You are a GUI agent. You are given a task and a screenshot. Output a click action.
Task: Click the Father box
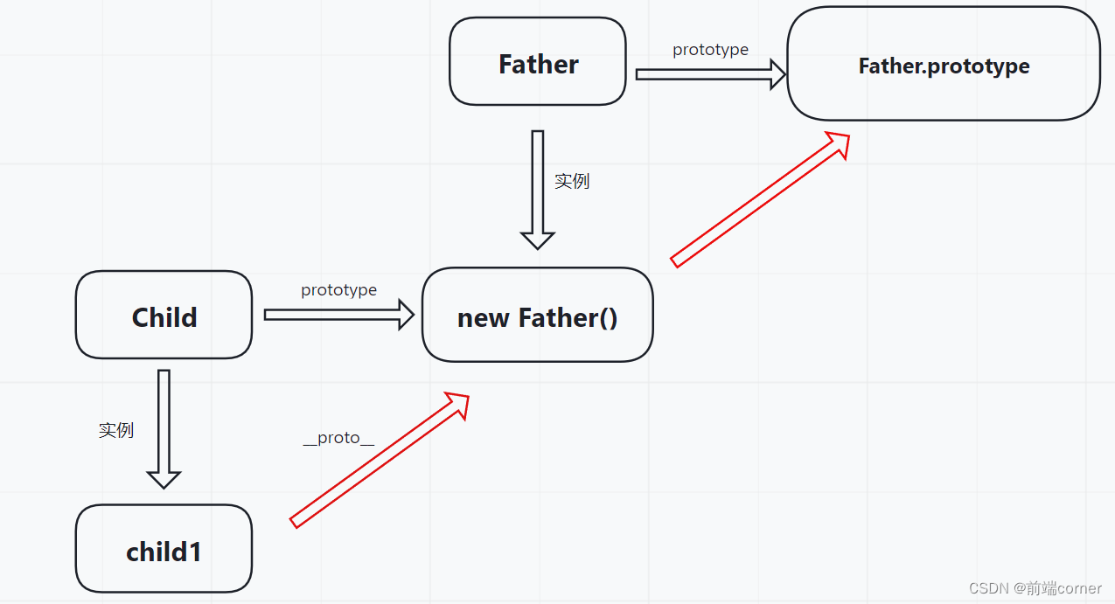pos(538,61)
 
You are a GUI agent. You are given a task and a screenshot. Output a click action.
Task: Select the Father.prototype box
pos(944,64)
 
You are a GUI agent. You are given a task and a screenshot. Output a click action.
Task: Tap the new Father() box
pos(538,315)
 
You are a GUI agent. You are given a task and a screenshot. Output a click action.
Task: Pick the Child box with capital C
pos(164,315)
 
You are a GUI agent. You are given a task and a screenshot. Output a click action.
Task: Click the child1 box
pos(164,548)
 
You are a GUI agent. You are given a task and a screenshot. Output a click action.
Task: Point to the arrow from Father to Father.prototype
pos(711,74)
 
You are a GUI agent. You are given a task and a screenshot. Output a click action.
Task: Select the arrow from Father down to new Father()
pos(538,190)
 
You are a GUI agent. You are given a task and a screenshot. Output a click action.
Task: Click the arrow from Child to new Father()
pos(339,315)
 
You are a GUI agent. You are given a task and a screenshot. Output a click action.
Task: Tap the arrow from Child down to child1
pos(164,429)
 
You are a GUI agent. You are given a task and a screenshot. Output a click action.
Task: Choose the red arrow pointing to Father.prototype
pos(760,199)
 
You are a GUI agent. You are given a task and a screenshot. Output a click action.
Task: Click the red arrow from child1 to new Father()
pos(380,461)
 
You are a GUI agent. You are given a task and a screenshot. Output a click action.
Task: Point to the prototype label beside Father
pos(710,50)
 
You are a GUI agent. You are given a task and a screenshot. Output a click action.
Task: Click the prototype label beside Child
pos(339,290)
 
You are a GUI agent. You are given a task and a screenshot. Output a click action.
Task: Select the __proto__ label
pos(338,438)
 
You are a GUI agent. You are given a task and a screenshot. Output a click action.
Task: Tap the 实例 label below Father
pos(572,181)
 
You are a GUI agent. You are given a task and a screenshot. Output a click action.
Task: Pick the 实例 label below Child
pos(116,430)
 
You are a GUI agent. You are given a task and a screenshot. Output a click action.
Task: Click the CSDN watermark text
pos(1035,588)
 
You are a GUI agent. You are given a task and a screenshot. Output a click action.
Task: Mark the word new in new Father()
pos(483,318)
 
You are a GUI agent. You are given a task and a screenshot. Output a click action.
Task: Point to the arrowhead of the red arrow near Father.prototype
pos(839,143)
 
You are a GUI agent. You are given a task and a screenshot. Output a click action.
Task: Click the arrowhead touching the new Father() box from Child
pos(407,315)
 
